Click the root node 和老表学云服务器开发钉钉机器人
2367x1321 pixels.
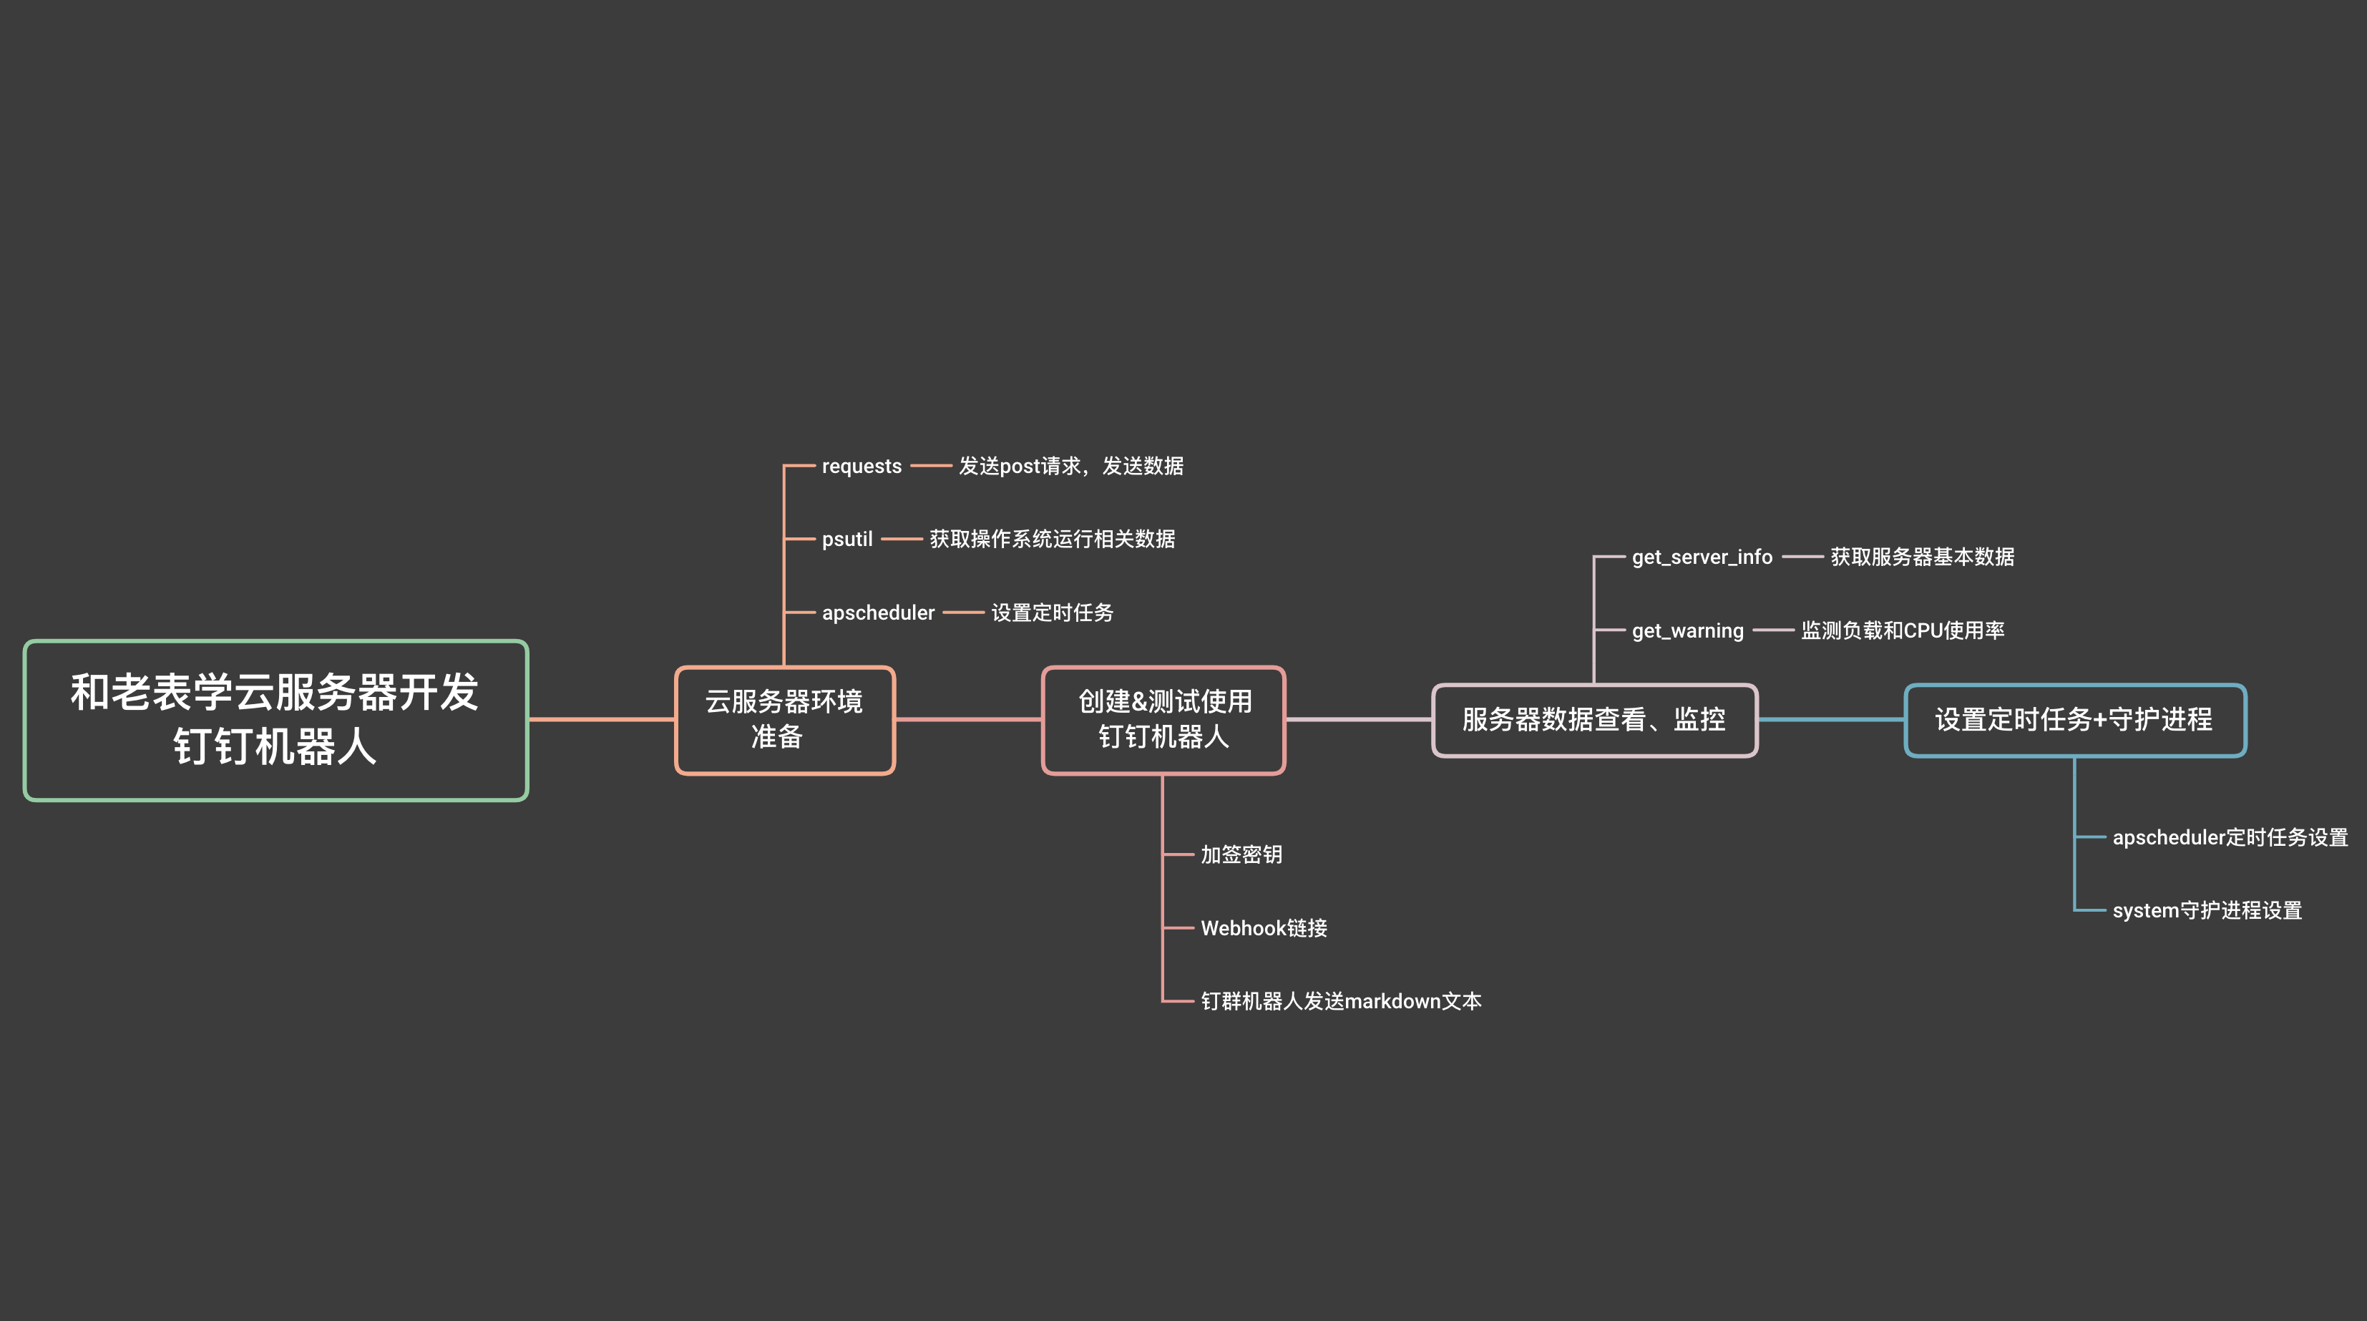[x=275, y=720]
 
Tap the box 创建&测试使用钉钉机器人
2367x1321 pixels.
[x=1163, y=720]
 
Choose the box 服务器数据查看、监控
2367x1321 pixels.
[x=1594, y=720]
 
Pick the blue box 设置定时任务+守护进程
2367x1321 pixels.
[x=2075, y=720]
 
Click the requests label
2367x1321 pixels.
[x=861, y=467]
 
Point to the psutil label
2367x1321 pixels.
[x=846, y=540]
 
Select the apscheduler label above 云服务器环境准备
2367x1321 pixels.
[x=877, y=613]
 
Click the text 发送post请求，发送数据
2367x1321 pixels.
[x=1070, y=467]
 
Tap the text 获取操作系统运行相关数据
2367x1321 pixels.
[x=1052, y=540]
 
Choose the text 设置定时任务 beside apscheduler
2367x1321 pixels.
[x=1052, y=613]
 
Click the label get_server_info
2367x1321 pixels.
[x=1702, y=557]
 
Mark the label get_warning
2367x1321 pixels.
[x=1687, y=631]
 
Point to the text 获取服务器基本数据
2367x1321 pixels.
[x=1922, y=557]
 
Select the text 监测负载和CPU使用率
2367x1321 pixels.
[x=1902, y=631]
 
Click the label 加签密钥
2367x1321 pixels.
[x=1241, y=855]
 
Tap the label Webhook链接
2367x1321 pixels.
[x=1264, y=929]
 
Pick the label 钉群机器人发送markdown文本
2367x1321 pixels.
[x=1341, y=1001]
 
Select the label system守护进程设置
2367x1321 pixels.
[x=2207, y=910]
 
